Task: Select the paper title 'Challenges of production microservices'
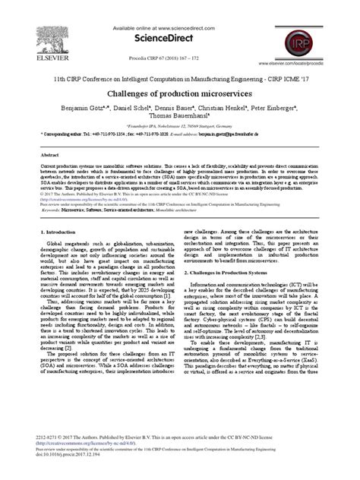pos(180,91)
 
